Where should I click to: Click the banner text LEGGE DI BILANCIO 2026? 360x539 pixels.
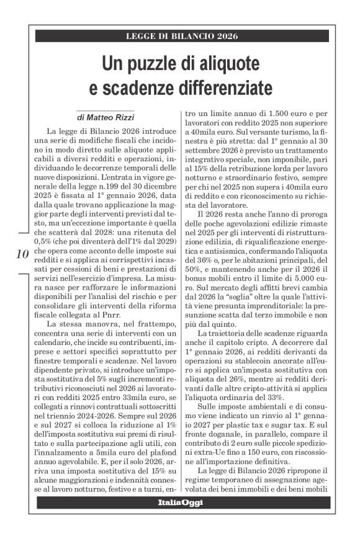point(179,36)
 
